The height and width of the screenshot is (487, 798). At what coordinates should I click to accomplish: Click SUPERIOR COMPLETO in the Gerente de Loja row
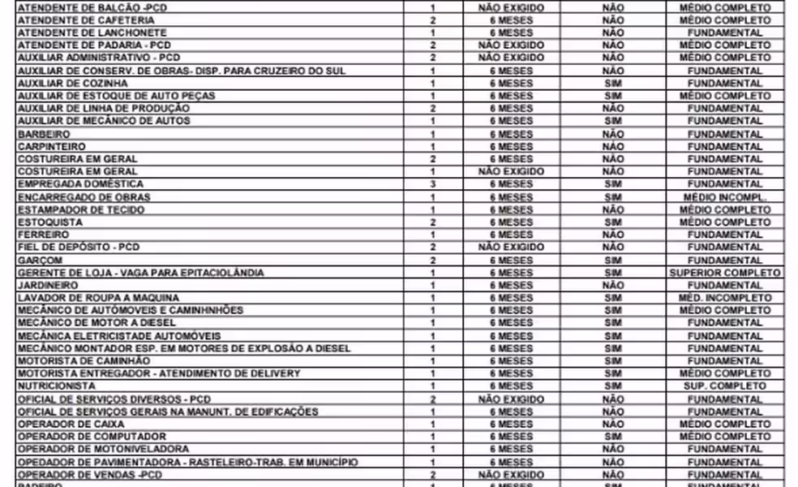(724, 274)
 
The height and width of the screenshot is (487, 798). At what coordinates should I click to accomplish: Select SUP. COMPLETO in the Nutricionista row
(724, 386)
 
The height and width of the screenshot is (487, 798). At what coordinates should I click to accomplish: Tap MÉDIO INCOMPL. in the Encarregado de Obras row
(724, 197)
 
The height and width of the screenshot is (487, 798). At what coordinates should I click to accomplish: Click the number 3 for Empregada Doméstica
(433, 184)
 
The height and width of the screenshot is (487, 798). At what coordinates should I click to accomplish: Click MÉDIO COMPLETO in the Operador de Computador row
(724, 437)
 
